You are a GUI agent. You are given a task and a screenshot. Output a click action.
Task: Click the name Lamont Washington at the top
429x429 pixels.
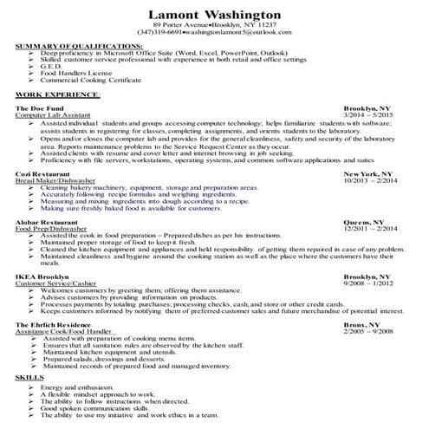[214, 16]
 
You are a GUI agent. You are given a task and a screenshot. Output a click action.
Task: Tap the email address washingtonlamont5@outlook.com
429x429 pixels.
[252, 32]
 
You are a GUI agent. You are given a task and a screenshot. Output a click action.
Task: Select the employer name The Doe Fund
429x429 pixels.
[36, 107]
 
